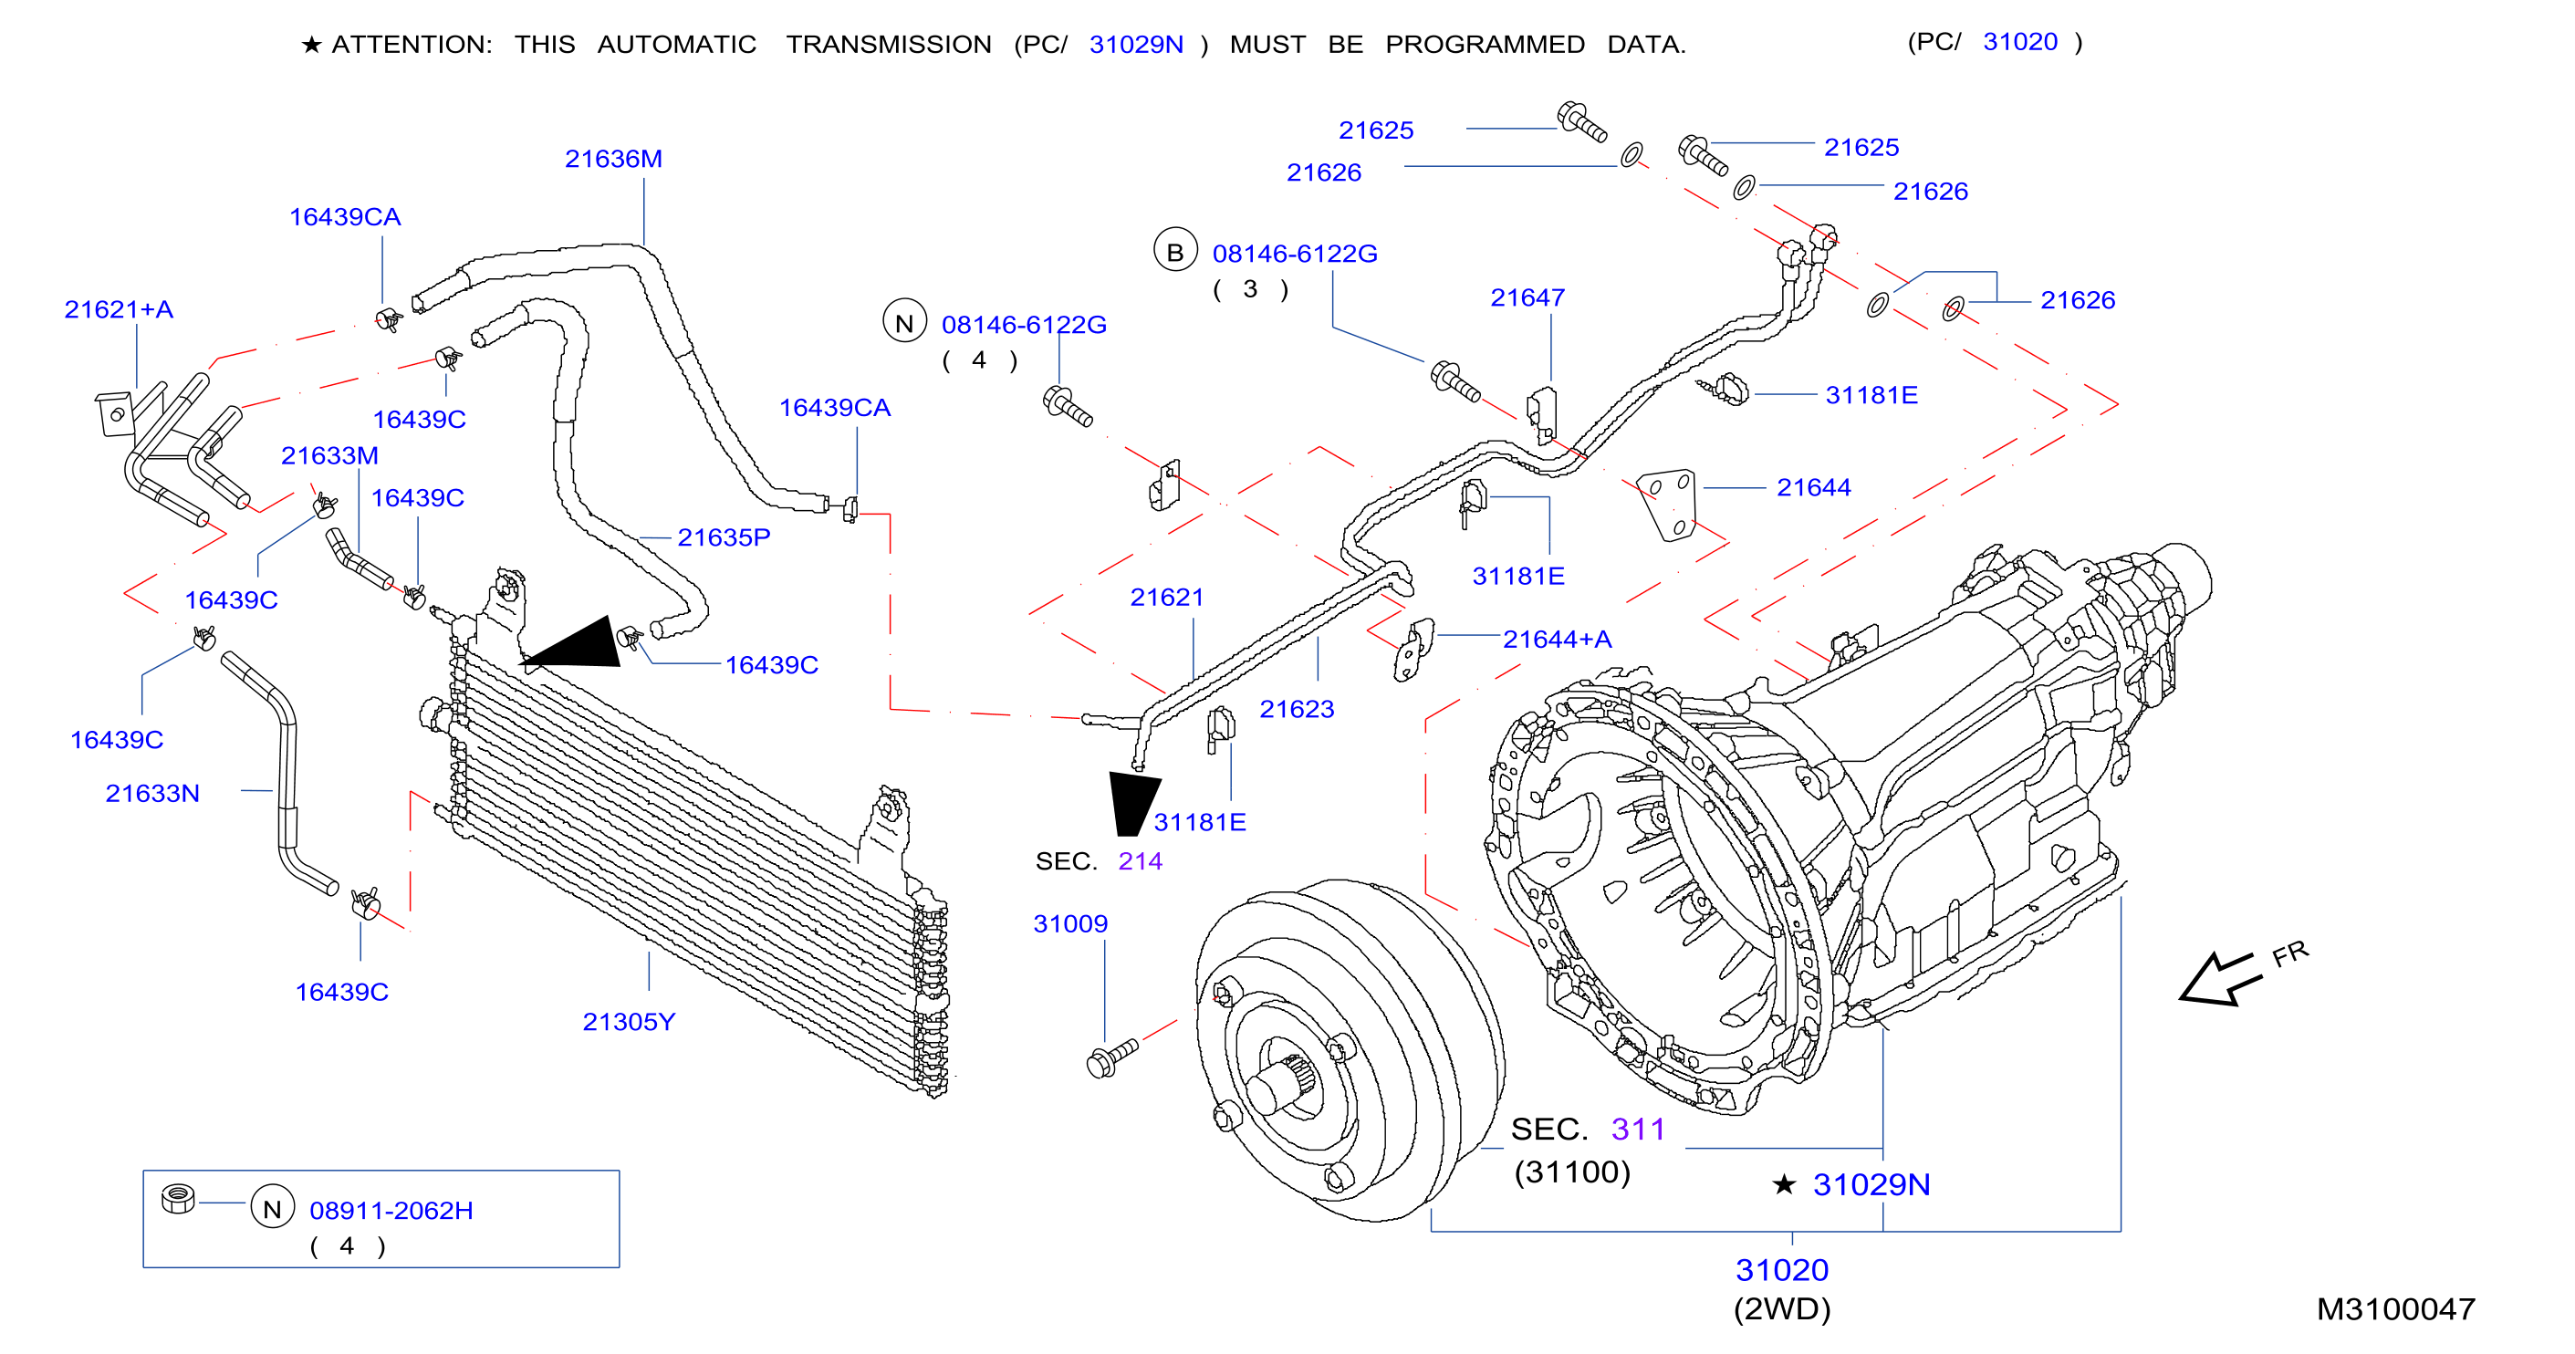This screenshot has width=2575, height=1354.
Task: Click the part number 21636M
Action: pos(613,159)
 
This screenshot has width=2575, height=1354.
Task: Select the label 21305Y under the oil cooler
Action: pos(629,1021)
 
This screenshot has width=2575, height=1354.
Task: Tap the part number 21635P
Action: pos(724,537)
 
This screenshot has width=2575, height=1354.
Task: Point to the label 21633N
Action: pos(152,794)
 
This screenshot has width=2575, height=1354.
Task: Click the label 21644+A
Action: pos(1557,640)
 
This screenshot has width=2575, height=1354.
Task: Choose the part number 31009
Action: pos(1070,923)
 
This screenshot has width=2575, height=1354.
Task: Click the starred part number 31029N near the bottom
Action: pos(1871,1184)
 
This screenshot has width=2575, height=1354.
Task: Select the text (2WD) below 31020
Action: pos(1781,1309)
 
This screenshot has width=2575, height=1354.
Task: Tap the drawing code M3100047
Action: pos(2395,1309)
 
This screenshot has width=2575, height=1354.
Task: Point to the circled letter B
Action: pos(1175,251)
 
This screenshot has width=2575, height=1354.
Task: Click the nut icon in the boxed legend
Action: pos(178,1198)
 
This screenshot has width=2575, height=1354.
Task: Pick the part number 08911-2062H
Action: pos(391,1210)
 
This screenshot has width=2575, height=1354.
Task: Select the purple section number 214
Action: pos(1140,861)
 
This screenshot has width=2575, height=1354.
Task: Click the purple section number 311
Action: pos(1637,1130)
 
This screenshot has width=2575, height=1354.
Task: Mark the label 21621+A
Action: pos(118,310)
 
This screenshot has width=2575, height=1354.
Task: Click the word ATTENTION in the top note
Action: pos(411,45)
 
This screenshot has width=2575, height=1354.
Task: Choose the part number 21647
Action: pos(1527,297)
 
